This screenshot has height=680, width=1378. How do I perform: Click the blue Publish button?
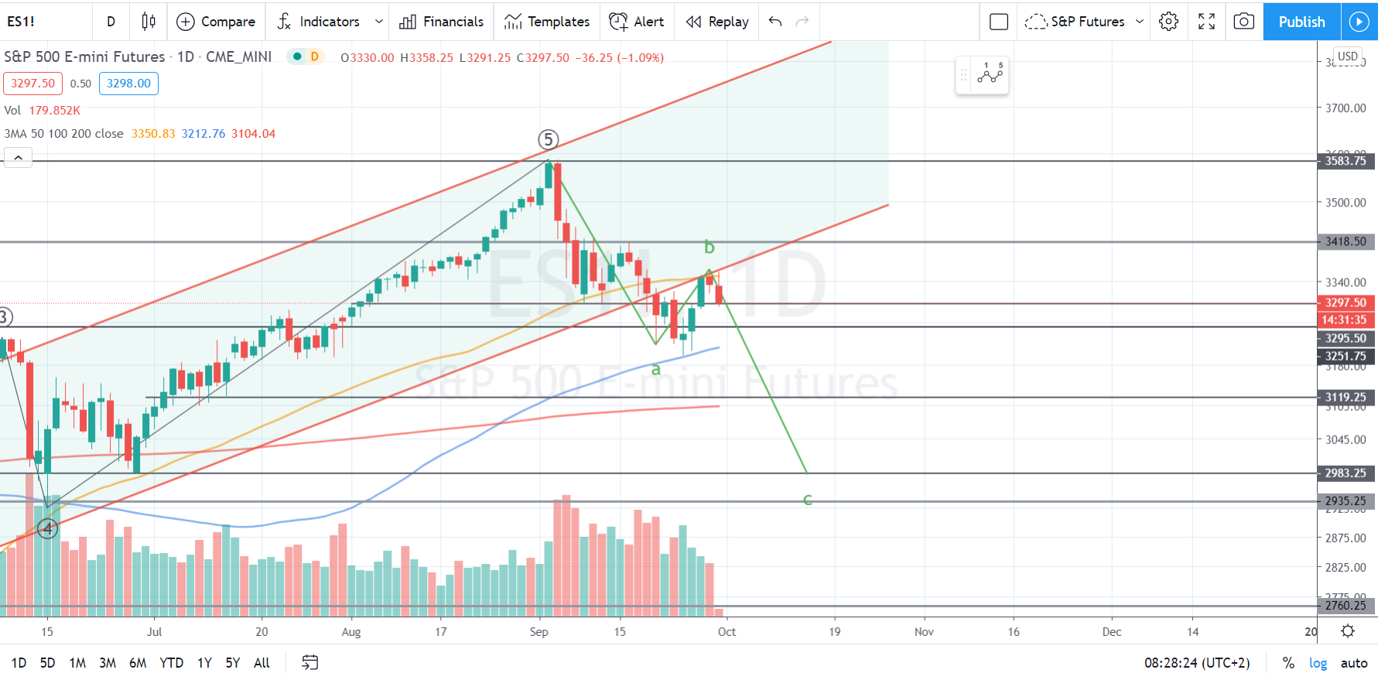pyautogui.click(x=1301, y=22)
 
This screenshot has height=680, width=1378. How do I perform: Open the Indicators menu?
pyautogui.click(x=329, y=22)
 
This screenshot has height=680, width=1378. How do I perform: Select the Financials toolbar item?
pyautogui.click(x=441, y=22)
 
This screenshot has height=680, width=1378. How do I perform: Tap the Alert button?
pyautogui.click(x=636, y=22)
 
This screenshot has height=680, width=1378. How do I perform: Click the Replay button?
pyautogui.click(x=717, y=22)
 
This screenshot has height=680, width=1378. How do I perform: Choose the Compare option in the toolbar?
pyautogui.click(x=216, y=22)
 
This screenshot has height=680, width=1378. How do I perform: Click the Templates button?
pyautogui.click(x=546, y=22)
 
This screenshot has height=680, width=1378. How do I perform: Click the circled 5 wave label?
pyautogui.click(x=548, y=139)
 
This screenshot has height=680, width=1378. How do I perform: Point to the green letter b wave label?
pyautogui.click(x=709, y=248)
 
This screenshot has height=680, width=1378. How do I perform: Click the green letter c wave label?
pyautogui.click(x=807, y=500)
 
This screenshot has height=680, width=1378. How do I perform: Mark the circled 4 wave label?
pyautogui.click(x=48, y=528)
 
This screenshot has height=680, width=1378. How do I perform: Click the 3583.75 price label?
pyautogui.click(x=1346, y=161)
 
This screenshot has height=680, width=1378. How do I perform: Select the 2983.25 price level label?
pyautogui.click(x=1346, y=473)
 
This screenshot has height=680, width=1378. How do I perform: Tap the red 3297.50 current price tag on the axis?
pyautogui.click(x=1346, y=302)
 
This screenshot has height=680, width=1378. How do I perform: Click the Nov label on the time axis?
pyautogui.click(x=924, y=632)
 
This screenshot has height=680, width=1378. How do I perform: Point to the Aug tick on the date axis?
pyautogui.click(x=351, y=632)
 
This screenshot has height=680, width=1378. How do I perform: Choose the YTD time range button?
pyautogui.click(x=171, y=663)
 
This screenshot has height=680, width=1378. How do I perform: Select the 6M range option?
pyautogui.click(x=138, y=663)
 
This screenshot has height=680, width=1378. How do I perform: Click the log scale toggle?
pyautogui.click(x=1318, y=663)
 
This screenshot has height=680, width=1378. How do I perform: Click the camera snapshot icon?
pyautogui.click(x=1243, y=22)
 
